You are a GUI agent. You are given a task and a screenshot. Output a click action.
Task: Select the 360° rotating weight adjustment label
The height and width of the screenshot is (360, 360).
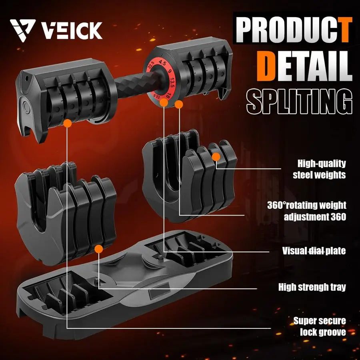(x=306, y=211)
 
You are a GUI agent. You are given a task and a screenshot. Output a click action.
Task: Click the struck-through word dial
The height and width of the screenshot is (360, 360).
(x=316, y=251)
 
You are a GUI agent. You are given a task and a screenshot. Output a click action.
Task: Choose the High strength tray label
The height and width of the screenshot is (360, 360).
(x=312, y=287)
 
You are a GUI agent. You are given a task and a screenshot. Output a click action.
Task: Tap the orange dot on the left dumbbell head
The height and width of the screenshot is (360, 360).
(x=68, y=124)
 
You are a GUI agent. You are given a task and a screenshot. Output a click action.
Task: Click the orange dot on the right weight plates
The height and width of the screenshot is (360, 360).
(x=216, y=156)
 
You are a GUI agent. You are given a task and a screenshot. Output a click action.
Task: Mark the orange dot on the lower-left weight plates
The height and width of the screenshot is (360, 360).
(x=98, y=249)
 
